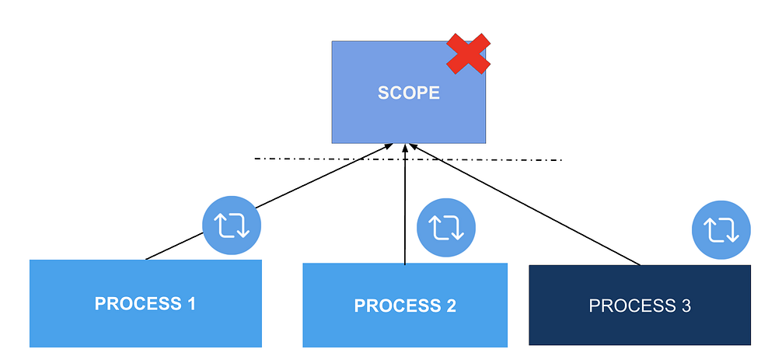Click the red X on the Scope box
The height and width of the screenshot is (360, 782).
tap(467, 54)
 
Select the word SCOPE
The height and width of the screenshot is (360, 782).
tap(409, 93)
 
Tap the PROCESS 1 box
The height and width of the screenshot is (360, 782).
tap(145, 303)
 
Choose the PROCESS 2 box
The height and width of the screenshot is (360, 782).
tap(404, 305)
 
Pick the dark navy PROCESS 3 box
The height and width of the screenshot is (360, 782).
tap(639, 305)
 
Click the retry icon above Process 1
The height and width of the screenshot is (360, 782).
tap(232, 225)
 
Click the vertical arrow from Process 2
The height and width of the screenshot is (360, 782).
tap(405, 210)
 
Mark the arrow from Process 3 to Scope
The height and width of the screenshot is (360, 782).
tap(529, 206)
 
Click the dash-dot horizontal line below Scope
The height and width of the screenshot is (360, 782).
tap(482, 160)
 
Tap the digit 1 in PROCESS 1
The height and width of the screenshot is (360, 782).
tap(190, 303)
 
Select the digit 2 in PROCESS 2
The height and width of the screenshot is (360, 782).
tap(451, 306)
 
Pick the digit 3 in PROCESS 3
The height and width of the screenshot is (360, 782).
tap(686, 306)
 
